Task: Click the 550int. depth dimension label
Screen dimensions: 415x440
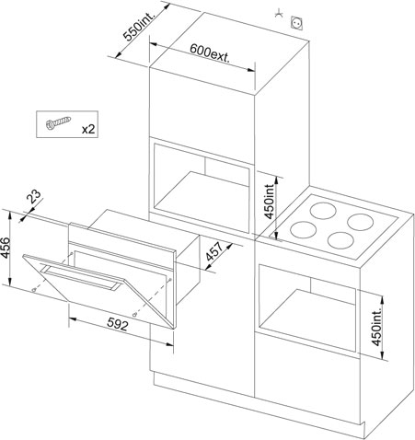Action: pos(140,26)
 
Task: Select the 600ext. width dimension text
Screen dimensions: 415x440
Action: pos(210,53)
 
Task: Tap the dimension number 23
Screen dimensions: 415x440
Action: pos(34,196)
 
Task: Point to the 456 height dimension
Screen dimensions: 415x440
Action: pos(6,248)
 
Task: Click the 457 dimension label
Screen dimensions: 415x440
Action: pos(214,251)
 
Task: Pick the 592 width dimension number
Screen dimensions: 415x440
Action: pos(118,324)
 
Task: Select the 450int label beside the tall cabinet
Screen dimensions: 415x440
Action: pos(269,202)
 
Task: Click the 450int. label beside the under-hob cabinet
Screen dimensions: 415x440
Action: pos(376,326)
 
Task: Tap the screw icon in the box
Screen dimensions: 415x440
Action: pos(58,122)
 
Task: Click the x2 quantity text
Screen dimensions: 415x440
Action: pos(88,130)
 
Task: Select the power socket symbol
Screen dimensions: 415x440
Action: pos(297,23)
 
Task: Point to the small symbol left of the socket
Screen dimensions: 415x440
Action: pos(279,13)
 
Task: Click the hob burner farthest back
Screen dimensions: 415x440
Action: pos(323,211)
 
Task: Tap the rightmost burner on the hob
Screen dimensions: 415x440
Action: pos(361,222)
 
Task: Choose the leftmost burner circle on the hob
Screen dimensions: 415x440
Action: pos(303,230)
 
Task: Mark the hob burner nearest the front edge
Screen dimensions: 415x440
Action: pos(340,240)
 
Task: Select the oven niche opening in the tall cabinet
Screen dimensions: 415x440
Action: pos(202,185)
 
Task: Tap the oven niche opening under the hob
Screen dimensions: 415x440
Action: pos(307,307)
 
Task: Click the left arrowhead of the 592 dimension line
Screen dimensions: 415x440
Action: pos(73,319)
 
